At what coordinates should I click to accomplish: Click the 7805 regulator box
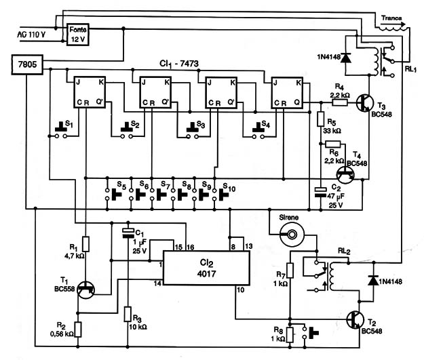[x=27, y=64]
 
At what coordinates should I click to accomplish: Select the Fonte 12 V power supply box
[x=78, y=34]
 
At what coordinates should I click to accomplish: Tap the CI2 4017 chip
[x=206, y=268]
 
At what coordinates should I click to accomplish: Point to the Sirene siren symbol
[x=292, y=235]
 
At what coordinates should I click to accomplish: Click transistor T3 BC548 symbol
[x=365, y=102]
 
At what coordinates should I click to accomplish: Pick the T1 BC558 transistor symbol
[x=86, y=289]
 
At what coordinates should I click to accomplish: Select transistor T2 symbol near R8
[x=355, y=320]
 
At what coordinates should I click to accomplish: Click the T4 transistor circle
[x=345, y=175]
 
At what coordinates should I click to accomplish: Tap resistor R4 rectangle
[x=340, y=102]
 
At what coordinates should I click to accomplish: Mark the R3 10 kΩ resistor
[x=128, y=314]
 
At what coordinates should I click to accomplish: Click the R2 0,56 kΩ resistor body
[x=78, y=329]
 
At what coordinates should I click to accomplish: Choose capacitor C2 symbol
[x=321, y=191]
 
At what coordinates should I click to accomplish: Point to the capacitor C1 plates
[x=128, y=233]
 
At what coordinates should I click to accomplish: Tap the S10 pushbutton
[x=220, y=194]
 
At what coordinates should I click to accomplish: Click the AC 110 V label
[x=31, y=35]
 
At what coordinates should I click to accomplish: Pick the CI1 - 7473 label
[x=179, y=64]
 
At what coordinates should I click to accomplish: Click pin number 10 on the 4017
[x=240, y=290]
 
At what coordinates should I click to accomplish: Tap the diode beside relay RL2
[x=374, y=281]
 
